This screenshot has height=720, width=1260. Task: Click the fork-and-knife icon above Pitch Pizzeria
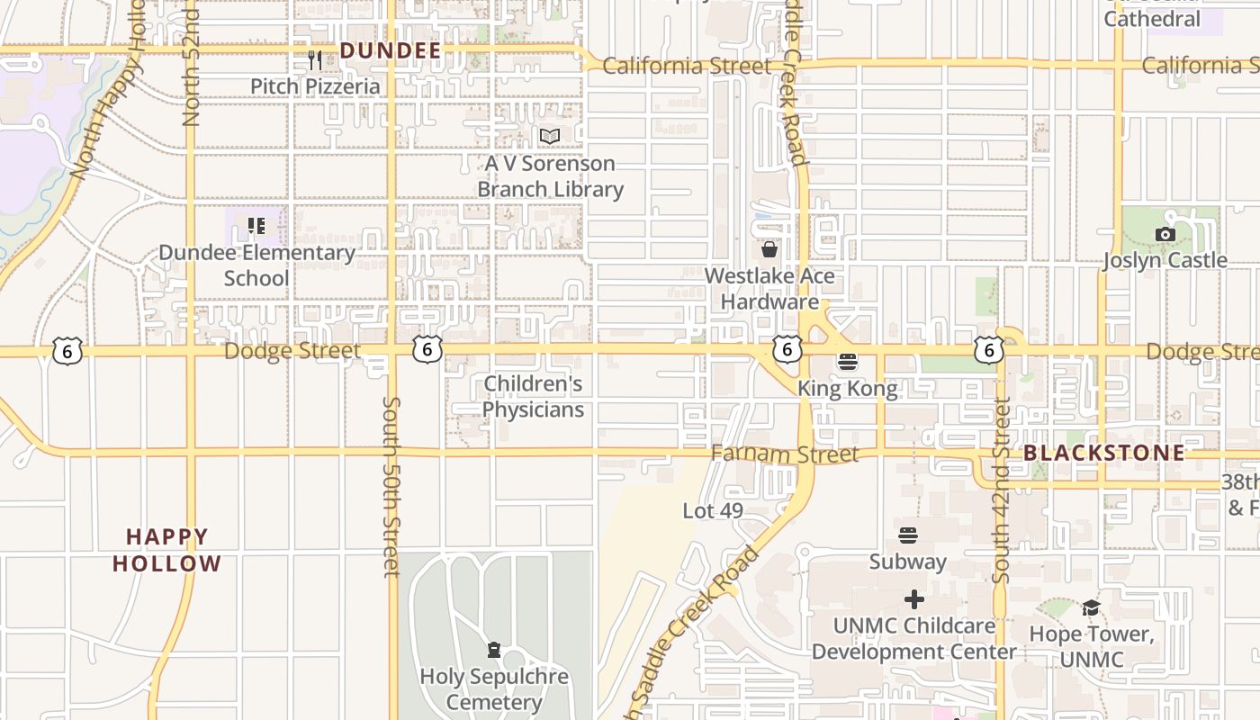315,60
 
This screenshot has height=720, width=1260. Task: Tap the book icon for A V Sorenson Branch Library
550,137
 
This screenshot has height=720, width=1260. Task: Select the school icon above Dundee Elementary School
256,225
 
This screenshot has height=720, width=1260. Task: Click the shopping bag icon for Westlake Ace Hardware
769,249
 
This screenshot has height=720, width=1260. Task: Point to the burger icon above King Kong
847,362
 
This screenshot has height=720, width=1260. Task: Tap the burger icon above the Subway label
907,535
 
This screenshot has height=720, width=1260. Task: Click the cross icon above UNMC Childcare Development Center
913,599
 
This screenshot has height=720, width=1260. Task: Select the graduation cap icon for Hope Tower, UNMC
1091,607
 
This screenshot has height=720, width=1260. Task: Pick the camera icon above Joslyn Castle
1165,234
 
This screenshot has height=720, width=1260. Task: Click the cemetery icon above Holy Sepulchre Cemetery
493,650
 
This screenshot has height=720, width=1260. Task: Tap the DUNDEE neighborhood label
391,51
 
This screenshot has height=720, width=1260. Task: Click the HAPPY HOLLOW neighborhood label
167,550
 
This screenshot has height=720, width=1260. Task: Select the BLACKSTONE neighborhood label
1104,453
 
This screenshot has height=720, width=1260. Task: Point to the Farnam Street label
785,454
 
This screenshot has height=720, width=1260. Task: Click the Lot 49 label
713,511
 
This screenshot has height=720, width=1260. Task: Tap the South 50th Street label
391,486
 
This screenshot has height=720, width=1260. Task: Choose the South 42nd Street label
1001,490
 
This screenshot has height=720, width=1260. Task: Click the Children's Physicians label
533,397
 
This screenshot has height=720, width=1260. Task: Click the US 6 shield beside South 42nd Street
988,350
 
